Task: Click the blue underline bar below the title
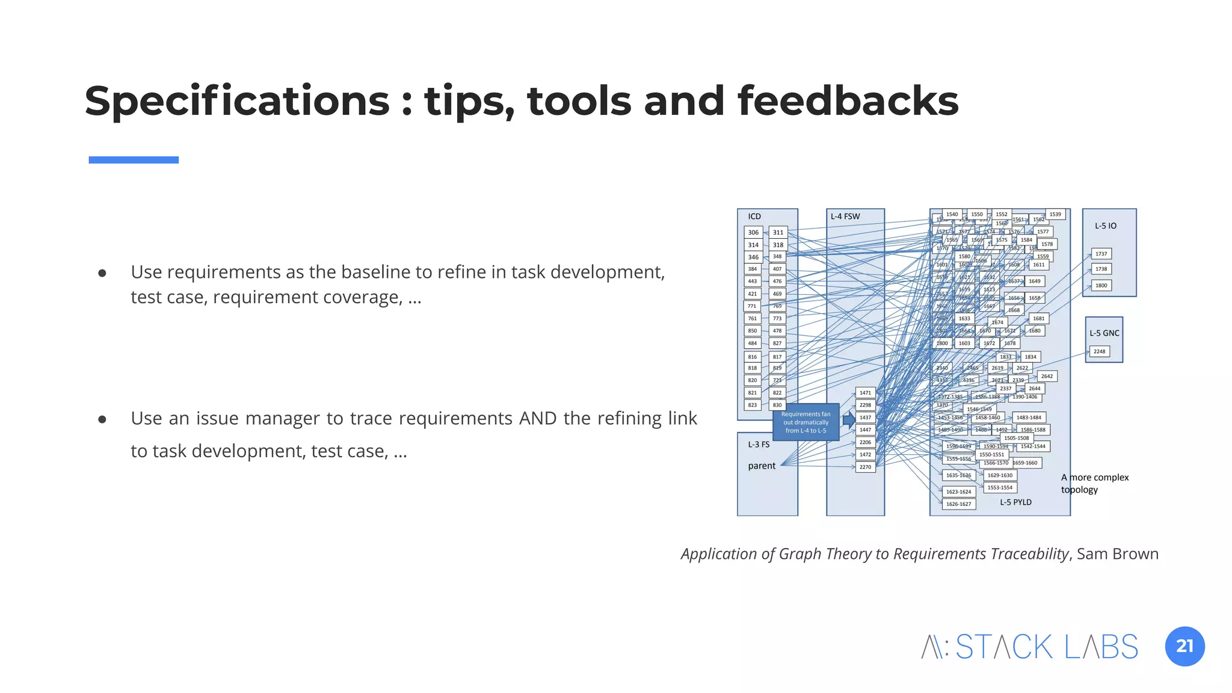(134, 160)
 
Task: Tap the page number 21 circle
(1184, 646)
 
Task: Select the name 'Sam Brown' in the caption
(1117, 553)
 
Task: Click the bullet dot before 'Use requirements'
(102, 273)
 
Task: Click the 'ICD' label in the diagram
(754, 217)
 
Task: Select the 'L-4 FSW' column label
(845, 217)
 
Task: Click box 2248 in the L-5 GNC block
(1099, 351)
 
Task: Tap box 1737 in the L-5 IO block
(1101, 254)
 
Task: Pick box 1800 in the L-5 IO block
(1101, 286)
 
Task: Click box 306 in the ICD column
(753, 232)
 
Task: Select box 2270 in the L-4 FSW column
(865, 467)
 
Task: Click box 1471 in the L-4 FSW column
(865, 393)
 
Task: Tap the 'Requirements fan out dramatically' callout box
(805, 422)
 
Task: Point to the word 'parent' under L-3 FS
(762, 466)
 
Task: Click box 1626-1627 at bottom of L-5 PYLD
(958, 504)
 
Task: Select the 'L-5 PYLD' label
(1015, 502)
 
